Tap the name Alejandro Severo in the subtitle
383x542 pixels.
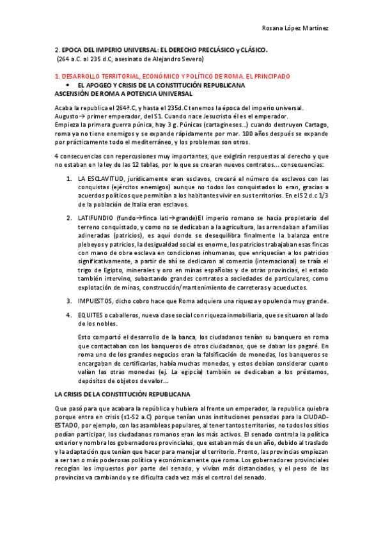tap(178, 59)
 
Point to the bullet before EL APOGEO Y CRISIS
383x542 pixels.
tap(68, 84)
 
